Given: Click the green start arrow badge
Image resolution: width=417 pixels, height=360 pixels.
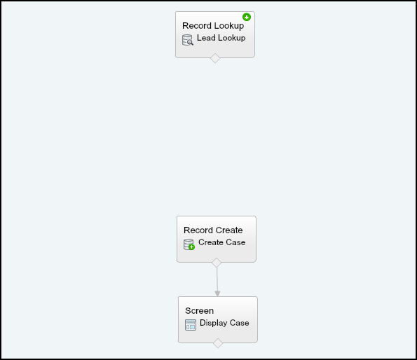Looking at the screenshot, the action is pos(247,18).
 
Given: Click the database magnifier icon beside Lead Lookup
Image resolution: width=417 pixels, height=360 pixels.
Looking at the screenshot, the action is pos(188,40).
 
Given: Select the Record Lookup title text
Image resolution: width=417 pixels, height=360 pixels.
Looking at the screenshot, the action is pos(213,26).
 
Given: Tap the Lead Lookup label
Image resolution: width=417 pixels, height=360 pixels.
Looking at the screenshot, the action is pos(221,38).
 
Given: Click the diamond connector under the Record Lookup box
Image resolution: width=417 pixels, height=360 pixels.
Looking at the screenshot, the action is pos(215,58).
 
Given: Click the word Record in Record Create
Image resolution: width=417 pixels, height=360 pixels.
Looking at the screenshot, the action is pos(196,230).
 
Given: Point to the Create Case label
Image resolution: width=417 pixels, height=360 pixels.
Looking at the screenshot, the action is pos(221,242).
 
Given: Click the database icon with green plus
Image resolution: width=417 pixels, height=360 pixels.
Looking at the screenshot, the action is pos(189,244).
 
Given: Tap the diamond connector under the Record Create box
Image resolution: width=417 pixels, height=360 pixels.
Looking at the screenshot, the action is pos(217,263).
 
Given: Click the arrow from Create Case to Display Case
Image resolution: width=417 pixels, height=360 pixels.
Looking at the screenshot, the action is pos(217,282).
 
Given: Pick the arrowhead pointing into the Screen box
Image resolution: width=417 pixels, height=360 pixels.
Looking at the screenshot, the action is pos(217,293).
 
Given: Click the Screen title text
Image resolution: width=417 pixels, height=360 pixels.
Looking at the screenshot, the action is pos(199,311).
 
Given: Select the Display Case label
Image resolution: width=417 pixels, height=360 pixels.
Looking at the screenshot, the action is pos(224,323).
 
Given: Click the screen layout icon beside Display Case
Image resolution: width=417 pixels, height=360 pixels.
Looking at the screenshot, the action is pos(191,325).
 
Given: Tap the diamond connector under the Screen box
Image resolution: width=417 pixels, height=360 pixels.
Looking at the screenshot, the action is pos(218,343).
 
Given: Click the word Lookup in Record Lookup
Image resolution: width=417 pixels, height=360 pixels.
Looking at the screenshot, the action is pos(228,26).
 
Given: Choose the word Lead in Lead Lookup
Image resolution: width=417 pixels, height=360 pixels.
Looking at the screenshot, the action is pos(206,38).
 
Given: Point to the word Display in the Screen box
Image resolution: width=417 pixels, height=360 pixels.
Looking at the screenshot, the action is pos(214,323).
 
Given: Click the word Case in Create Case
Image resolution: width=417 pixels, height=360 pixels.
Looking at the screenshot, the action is pos(236,242).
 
